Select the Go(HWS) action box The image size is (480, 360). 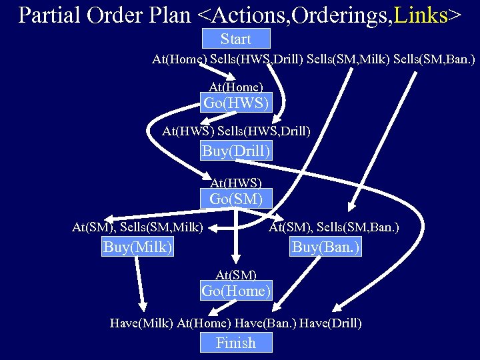pyautogui.click(x=237, y=103)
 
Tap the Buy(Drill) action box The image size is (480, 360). pyautogui.click(x=236, y=151)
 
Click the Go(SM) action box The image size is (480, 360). pyautogui.click(x=236, y=199)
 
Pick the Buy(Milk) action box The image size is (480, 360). pyautogui.click(x=138, y=247)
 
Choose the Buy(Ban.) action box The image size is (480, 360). pyautogui.click(x=326, y=247)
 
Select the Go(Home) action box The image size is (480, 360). pyautogui.click(x=236, y=291)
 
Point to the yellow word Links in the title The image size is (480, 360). pyautogui.click(x=420, y=15)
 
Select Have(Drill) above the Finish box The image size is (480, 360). pyautogui.click(x=331, y=323)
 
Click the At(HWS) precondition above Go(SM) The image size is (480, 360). pyautogui.click(x=236, y=182)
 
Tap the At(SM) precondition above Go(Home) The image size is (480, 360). pyautogui.click(x=236, y=274)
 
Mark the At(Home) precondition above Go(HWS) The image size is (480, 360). pyautogui.click(x=236, y=87)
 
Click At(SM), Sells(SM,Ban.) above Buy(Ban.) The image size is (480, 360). pyautogui.click(x=334, y=228)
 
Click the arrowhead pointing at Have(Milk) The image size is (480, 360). pyautogui.click(x=142, y=307)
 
